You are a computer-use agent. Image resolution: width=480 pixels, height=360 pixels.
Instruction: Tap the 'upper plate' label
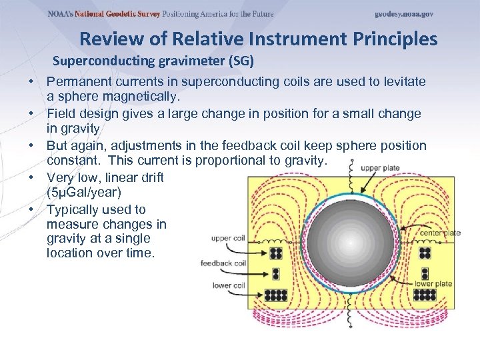click(381, 169)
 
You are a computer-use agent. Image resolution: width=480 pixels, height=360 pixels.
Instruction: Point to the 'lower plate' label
click(433, 283)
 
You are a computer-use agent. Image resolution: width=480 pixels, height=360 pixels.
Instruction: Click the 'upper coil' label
click(228, 238)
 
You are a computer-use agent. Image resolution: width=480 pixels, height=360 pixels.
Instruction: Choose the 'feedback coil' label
click(223, 263)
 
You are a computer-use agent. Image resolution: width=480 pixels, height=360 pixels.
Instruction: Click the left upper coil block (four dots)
click(275, 253)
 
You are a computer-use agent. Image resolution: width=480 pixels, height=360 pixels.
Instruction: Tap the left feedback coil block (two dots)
click(275, 275)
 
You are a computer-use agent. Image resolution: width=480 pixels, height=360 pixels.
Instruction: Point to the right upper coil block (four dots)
click(425, 253)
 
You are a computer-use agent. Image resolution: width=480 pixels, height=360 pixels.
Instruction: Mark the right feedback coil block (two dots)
click(425, 275)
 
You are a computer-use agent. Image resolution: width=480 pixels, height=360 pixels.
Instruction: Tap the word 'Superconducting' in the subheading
click(105, 61)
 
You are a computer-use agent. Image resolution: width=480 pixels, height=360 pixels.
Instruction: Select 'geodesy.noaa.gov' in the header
click(404, 14)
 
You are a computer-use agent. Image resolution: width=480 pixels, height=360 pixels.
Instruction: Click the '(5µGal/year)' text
click(84, 194)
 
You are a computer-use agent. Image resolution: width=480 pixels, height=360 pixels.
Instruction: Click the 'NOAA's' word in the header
click(59, 14)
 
